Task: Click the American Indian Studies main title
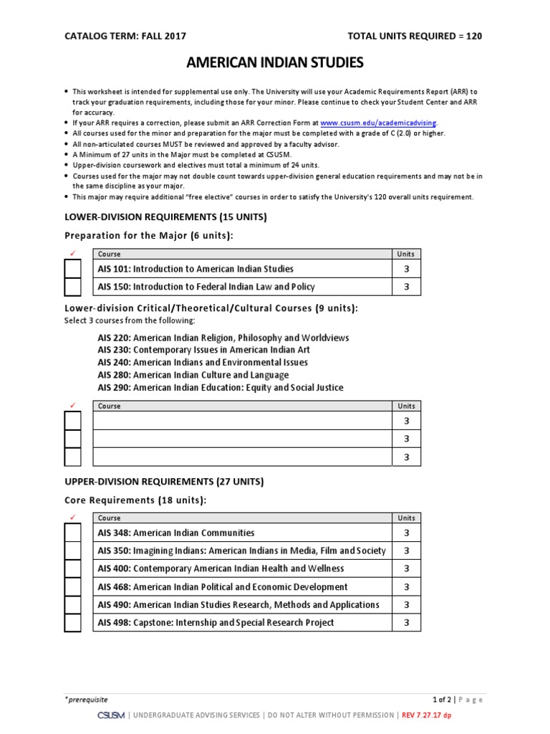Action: tap(275, 63)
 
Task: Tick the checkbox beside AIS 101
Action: tap(73, 269)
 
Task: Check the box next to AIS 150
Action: tap(73, 287)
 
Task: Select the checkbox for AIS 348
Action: tap(73, 533)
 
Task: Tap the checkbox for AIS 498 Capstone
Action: tap(73, 622)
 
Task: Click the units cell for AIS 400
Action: tap(407, 568)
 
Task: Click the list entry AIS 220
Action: tap(223, 338)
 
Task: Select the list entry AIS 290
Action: tap(220, 387)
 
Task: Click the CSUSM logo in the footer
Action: tap(111, 715)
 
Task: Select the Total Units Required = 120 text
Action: tap(414, 36)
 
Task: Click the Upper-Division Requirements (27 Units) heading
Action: tap(164, 482)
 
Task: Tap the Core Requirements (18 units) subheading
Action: tap(135, 500)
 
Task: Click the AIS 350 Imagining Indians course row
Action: tap(241, 550)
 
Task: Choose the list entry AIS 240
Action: tap(203, 362)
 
